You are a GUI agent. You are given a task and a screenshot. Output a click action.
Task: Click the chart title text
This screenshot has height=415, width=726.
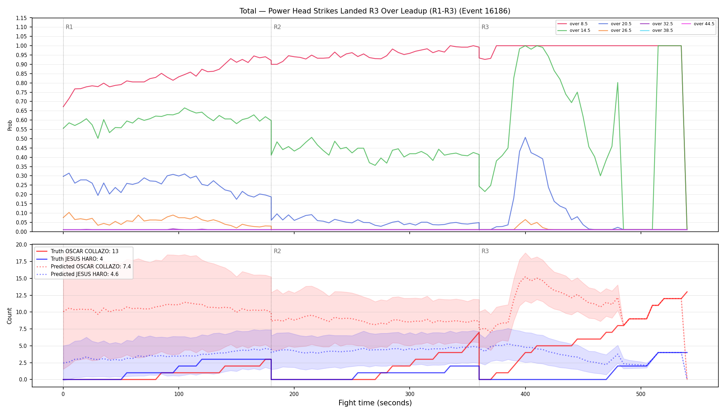click(x=375, y=11)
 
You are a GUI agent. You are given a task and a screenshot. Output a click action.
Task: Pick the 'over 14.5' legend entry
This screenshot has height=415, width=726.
click(x=574, y=30)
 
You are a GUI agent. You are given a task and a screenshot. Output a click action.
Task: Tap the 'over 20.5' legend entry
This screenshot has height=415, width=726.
click(x=615, y=24)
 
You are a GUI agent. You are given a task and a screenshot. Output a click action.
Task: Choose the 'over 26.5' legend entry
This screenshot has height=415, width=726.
click(x=615, y=30)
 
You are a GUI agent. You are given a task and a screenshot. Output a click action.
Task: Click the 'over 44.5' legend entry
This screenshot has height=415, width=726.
click(x=698, y=24)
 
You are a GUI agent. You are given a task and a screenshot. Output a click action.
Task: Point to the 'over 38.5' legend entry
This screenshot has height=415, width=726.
click(x=657, y=30)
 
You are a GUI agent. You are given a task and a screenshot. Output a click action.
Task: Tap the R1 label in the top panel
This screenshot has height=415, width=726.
click(x=69, y=27)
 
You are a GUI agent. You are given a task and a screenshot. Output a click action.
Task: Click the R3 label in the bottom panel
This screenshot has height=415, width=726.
click(x=485, y=251)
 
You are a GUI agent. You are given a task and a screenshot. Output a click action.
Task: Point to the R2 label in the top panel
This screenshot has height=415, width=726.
click(x=277, y=27)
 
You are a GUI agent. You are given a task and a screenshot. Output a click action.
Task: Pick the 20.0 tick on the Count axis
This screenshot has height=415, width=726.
click(x=21, y=245)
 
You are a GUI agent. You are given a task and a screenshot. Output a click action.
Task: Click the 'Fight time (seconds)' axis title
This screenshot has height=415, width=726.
click(x=375, y=403)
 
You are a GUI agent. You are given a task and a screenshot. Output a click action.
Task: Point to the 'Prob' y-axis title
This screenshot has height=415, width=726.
click(x=10, y=125)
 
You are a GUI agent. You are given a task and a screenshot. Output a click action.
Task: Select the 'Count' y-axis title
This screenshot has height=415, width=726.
click(x=9, y=316)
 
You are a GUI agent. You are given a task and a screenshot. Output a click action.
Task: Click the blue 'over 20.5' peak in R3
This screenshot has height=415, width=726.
click(x=525, y=137)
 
